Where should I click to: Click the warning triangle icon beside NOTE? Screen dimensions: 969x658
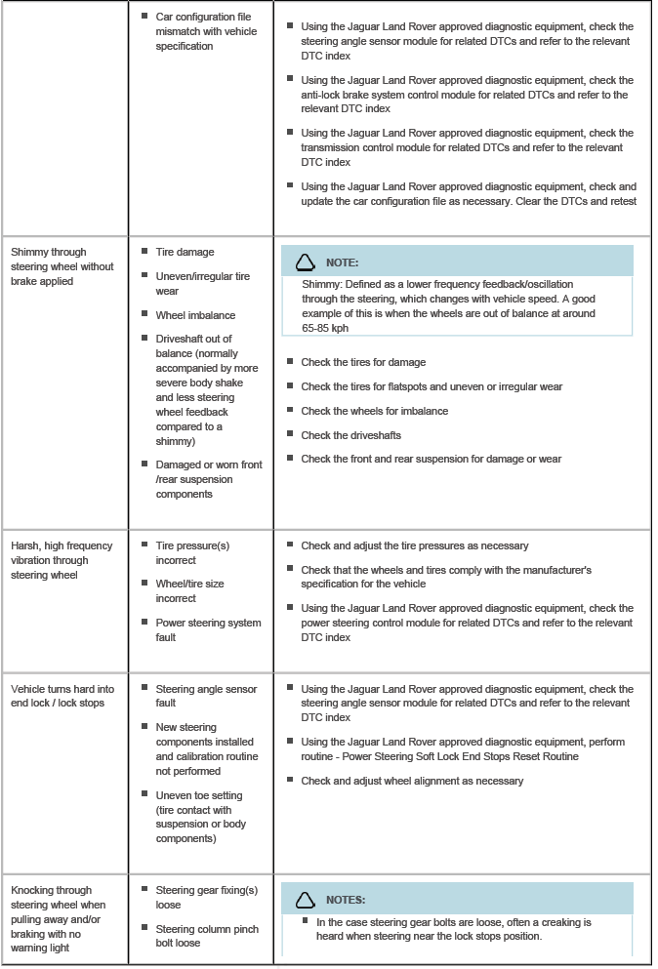click(x=306, y=262)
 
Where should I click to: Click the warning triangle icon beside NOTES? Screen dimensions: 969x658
click(x=306, y=899)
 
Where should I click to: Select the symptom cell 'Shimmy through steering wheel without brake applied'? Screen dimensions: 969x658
click(x=62, y=266)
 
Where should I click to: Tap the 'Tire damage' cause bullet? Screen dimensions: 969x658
click(x=185, y=252)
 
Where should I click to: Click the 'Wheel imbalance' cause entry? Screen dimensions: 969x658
click(x=195, y=315)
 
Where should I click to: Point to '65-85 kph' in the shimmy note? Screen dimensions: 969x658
click(x=325, y=329)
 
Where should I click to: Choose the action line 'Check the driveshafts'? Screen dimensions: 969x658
click(x=350, y=434)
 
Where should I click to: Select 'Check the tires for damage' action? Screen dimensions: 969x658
click(x=363, y=362)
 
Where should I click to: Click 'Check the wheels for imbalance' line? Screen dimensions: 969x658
click(x=374, y=411)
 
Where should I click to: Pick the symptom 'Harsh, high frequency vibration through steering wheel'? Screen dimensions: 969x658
click(x=62, y=560)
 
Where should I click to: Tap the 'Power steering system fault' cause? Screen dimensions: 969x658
click(x=208, y=629)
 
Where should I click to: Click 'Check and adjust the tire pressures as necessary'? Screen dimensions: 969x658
click(x=415, y=545)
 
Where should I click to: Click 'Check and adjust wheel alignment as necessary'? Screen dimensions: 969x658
click(x=412, y=781)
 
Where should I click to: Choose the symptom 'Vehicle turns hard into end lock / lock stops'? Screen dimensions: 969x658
click(x=62, y=696)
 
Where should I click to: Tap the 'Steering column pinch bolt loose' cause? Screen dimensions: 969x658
click(x=206, y=936)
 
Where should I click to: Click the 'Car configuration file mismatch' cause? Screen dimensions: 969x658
click(x=205, y=31)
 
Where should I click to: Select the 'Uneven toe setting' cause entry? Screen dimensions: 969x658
click(x=208, y=817)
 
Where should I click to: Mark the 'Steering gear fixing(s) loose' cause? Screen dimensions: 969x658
click(x=206, y=897)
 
